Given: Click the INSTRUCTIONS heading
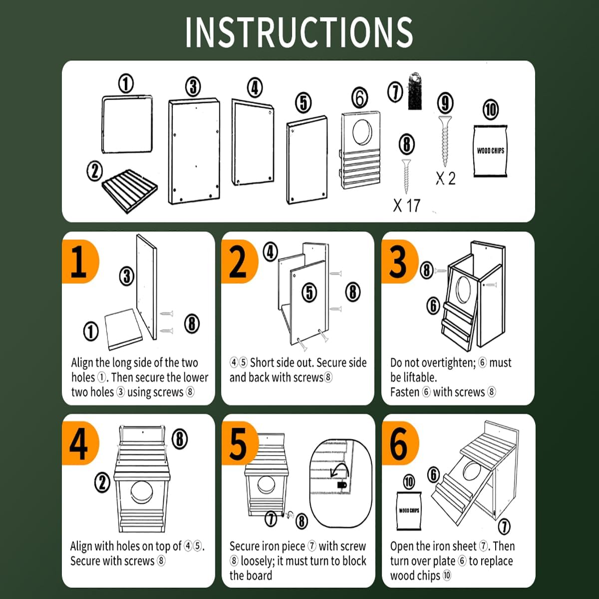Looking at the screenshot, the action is [299, 32].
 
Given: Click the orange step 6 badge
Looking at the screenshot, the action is [400, 443].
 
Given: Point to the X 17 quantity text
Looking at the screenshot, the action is [407, 206].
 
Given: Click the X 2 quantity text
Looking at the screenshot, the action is [445, 178].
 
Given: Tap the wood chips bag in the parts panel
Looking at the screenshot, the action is [490, 151].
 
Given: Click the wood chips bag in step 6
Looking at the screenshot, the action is [409, 511].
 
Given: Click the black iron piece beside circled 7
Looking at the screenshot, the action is [415, 91].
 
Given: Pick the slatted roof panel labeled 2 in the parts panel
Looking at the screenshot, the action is [130, 191].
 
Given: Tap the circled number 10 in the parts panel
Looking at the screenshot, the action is [491, 109].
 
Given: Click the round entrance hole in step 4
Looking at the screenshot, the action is [142, 492].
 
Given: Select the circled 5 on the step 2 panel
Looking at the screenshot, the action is [309, 293].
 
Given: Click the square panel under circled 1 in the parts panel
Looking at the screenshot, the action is [127, 124].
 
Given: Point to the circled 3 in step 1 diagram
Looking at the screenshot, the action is [126, 276].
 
